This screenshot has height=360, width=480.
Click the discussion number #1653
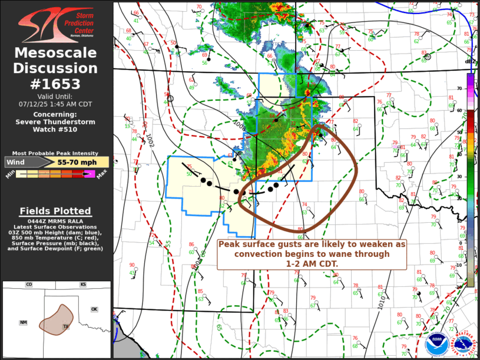[57, 83]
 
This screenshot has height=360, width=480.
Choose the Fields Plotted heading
[55, 211]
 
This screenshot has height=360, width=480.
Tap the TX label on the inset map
[67, 326]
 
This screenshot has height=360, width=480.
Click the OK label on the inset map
[94, 309]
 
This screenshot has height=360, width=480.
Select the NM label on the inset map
[23, 322]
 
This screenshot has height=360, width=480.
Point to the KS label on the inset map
[84, 285]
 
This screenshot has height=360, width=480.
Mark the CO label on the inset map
[28, 285]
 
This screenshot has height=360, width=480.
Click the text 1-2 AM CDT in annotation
[312, 264]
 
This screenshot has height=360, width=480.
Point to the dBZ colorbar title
[470, 61]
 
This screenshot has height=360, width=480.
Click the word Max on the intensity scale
[101, 174]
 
